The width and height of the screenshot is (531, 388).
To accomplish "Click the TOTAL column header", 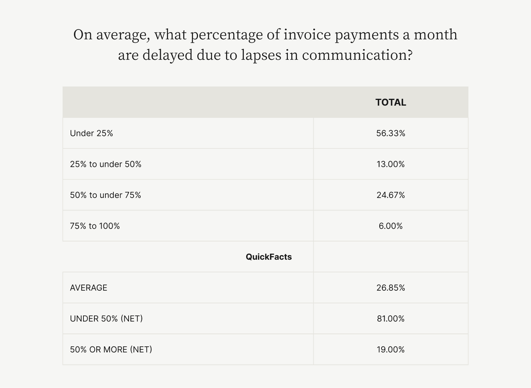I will [391, 102].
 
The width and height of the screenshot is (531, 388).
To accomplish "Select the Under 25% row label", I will [91, 133].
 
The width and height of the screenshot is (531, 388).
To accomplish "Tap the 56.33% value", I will [391, 133].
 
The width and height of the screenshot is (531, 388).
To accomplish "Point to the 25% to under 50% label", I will [105, 164].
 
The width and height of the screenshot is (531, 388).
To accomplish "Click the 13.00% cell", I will [391, 164].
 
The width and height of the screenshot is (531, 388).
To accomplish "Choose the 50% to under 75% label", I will [105, 195].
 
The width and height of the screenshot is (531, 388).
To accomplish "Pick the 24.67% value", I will [391, 195].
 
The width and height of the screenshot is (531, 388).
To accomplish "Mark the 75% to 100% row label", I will [95, 226].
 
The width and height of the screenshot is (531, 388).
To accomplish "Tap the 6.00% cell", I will [391, 226].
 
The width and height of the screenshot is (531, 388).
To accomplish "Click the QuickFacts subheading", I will [269, 257].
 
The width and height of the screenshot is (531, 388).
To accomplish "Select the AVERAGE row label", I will [88, 288].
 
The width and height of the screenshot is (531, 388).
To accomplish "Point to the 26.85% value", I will [391, 288].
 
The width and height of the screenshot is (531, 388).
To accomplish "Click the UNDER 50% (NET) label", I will [106, 319].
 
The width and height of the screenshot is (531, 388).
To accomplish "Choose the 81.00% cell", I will [391, 319].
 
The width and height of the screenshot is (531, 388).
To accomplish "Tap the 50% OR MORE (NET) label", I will [111, 349].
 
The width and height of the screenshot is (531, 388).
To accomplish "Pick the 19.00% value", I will [391, 349].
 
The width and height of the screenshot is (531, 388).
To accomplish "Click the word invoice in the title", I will [307, 34].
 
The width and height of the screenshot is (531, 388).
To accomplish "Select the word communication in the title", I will [357, 55].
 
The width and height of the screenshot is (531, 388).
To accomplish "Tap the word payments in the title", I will [366, 35].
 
